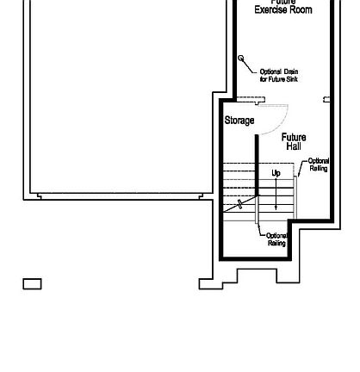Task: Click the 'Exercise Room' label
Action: [282, 9]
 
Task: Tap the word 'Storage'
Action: [239, 121]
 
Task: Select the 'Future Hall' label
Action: [293, 141]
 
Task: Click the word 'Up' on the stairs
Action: [276, 173]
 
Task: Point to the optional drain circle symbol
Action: [241, 59]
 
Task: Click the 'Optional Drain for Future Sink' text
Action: [278, 75]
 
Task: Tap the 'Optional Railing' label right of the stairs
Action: [318, 164]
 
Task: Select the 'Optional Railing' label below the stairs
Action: [276, 239]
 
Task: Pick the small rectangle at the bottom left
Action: [32, 283]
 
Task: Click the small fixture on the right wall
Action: [326, 100]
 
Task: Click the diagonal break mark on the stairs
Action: [239, 205]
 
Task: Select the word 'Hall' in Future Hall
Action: [294, 146]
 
